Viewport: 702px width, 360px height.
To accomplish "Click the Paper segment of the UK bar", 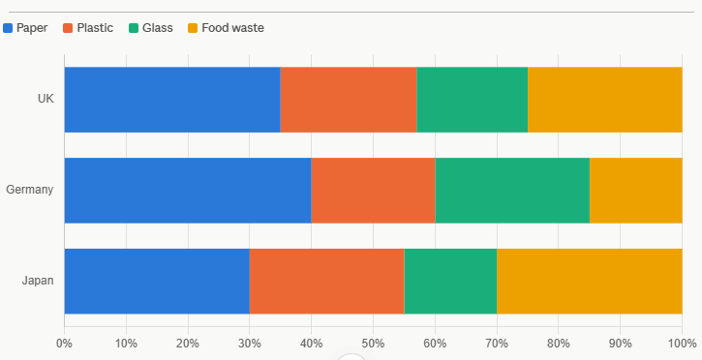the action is pos(172,100).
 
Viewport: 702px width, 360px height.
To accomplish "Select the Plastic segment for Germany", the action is pos(374,190).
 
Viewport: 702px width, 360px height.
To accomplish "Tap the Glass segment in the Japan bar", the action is pos(450,282).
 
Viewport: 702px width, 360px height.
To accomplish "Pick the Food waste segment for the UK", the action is pos(605,100).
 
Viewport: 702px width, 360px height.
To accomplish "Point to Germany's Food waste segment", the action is pos(636,190).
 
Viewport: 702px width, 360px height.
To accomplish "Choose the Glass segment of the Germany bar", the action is pos(512,190).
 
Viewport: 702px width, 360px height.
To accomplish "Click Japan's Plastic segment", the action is pos(327,282).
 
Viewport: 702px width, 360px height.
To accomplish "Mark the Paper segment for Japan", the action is pos(157,282).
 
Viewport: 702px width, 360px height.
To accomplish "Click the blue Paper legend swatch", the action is pos(8,28).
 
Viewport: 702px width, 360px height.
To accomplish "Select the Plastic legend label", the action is pos(95,28).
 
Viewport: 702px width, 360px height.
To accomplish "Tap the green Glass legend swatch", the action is pos(134,28).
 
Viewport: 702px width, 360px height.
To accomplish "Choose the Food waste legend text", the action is pos(232,28).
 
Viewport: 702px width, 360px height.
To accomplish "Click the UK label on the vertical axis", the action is pos(46,99).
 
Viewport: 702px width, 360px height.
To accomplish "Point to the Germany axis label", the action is pos(30,190).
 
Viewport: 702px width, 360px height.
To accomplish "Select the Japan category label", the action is pos(38,281).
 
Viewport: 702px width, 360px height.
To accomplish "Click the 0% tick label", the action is pos(65,344).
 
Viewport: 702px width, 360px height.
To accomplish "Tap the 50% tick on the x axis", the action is pos(374,344).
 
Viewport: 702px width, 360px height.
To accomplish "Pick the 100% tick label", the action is pos(683,344).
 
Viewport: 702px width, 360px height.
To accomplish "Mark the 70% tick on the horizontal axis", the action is pos(497,344).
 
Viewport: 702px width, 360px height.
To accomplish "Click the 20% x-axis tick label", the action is pos(188,344).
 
